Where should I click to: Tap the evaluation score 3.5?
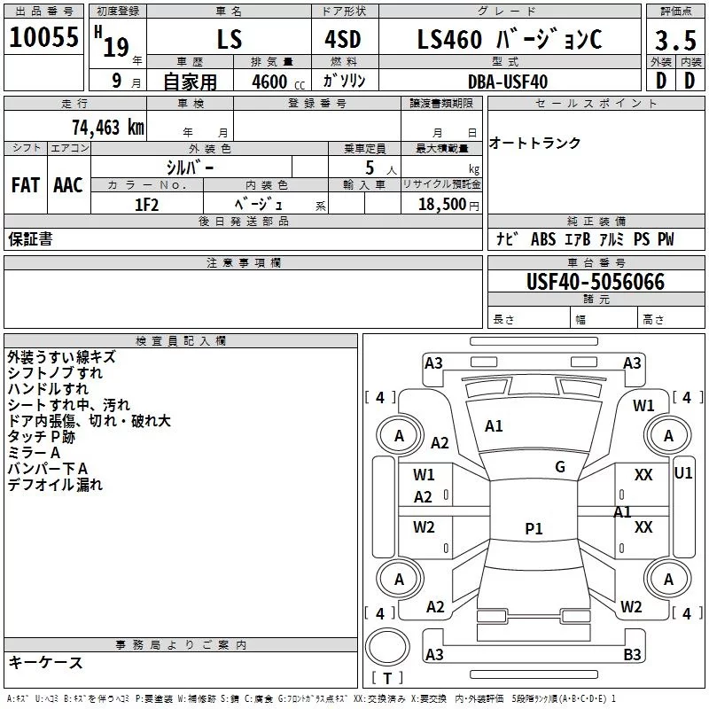click(674, 41)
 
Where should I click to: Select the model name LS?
click(229, 41)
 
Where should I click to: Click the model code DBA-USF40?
click(508, 82)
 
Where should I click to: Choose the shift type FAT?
click(26, 184)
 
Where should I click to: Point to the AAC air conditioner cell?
click(68, 184)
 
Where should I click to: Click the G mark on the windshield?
click(559, 467)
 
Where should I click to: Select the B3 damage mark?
click(632, 655)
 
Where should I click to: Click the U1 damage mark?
click(683, 473)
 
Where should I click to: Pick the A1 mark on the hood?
click(494, 426)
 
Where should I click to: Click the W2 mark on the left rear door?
click(424, 527)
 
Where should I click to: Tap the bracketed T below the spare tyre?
click(386, 679)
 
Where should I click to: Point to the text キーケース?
click(45, 662)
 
